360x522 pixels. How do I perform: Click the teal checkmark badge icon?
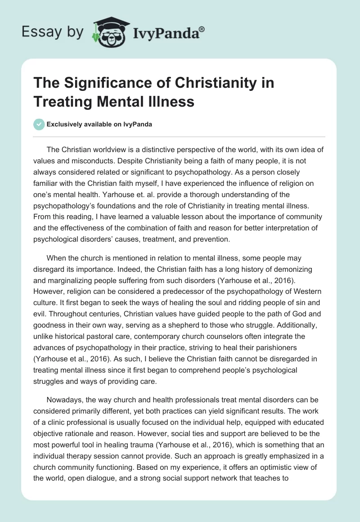click(39, 124)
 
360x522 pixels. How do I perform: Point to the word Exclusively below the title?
click(65, 124)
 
